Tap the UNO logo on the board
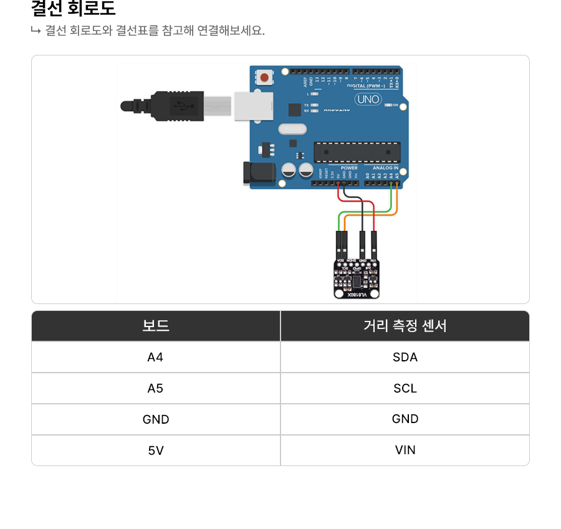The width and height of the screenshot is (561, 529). click(368, 99)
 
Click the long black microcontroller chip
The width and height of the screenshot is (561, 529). click(357, 151)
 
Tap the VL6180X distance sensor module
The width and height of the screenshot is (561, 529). click(357, 277)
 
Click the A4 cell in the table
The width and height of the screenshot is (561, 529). click(156, 357)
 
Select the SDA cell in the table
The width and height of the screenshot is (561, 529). click(405, 357)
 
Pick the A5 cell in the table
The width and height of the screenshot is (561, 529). click(156, 388)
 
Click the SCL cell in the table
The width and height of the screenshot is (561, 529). click(405, 388)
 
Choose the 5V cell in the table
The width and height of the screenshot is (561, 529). click(156, 450)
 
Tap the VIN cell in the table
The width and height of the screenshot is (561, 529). click(405, 450)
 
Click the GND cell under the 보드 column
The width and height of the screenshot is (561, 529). click(156, 419)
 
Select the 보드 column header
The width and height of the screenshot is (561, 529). click(156, 326)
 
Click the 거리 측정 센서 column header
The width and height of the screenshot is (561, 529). click(405, 326)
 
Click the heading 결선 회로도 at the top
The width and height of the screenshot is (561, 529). click(73, 9)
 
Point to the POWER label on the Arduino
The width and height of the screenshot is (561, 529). click(350, 168)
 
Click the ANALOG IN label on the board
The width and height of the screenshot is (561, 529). click(385, 168)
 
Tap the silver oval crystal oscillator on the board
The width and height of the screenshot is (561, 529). click(292, 130)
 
